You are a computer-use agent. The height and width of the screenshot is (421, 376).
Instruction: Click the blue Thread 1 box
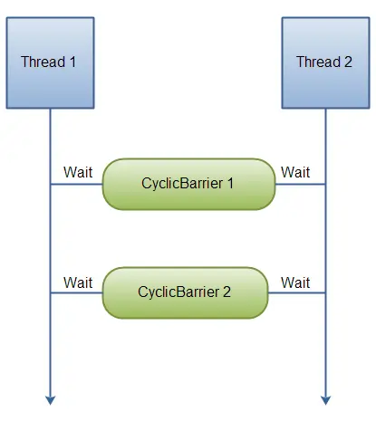(50, 63)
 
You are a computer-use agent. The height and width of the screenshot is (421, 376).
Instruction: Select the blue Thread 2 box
(324, 63)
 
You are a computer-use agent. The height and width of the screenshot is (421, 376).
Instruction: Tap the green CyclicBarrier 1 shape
(188, 183)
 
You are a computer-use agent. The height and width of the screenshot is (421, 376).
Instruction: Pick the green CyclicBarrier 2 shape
(185, 292)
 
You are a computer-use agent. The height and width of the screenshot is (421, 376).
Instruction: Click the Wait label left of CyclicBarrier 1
(78, 172)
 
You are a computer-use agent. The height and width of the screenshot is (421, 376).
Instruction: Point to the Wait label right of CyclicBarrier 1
(295, 172)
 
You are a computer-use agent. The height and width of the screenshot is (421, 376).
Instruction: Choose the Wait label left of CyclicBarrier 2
(78, 282)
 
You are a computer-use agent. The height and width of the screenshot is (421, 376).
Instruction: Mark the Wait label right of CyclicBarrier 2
(295, 282)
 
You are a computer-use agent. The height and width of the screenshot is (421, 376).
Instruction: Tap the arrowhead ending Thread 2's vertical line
(324, 398)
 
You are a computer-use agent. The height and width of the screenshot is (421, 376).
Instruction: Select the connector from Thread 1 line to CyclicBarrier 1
(76, 184)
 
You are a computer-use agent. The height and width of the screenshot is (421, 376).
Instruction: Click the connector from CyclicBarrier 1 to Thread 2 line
(300, 184)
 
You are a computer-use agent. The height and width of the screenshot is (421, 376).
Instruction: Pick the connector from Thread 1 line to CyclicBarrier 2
(76, 292)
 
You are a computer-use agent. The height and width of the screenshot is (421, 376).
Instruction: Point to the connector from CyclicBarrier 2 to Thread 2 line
(296, 292)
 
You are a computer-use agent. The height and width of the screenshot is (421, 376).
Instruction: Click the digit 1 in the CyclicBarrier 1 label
(230, 183)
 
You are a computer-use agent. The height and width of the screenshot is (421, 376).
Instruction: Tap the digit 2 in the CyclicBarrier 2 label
(227, 292)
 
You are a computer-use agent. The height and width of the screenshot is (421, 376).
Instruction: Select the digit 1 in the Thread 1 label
(73, 62)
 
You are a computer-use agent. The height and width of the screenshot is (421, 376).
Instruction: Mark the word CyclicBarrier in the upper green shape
(182, 183)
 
